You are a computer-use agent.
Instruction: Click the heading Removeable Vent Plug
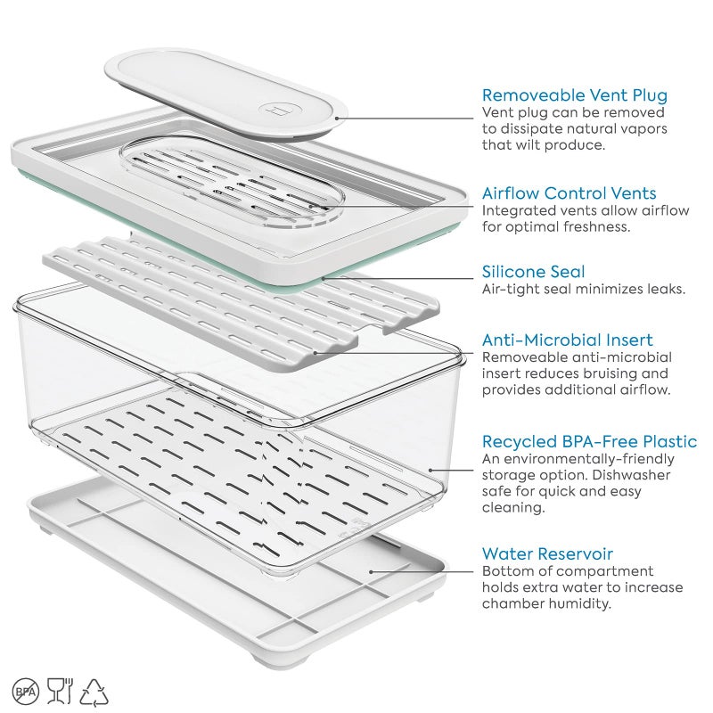point(575,95)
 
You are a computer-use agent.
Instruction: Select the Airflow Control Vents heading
point(569,193)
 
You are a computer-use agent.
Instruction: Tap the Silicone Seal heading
point(533,272)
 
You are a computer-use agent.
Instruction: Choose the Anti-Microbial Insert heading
point(568,340)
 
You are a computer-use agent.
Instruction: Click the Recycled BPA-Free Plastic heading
point(589,441)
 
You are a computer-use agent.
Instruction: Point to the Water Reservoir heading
point(547,553)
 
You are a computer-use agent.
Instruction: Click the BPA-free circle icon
point(26,692)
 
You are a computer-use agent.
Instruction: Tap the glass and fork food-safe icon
point(60,691)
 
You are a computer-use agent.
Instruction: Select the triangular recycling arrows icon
point(94,693)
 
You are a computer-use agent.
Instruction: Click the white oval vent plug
point(226,94)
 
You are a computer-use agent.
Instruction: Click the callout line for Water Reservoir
point(422,571)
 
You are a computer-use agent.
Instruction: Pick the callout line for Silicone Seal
point(397,278)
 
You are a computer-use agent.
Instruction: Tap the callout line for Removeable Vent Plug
point(405,119)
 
